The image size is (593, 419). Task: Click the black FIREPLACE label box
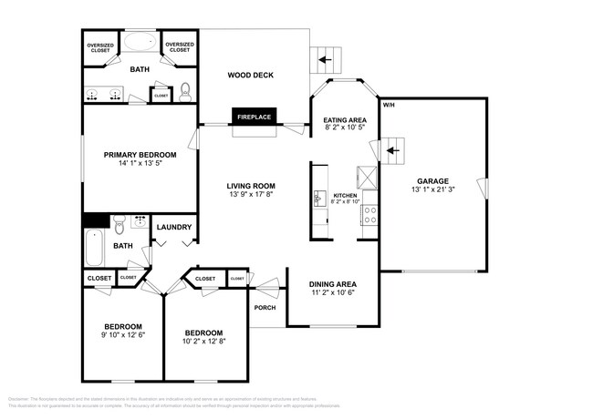click(x=255, y=117)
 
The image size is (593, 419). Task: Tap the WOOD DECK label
click(x=250, y=75)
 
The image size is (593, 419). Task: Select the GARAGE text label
click(x=433, y=180)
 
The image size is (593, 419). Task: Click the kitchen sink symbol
click(x=320, y=197)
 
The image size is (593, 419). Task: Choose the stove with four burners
click(x=370, y=215)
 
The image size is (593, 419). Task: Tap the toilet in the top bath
click(x=186, y=91)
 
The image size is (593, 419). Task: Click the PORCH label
click(x=265, y=307)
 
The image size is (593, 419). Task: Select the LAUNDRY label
click(x=174, y=228)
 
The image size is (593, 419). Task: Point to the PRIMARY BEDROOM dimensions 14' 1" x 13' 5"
click(x=140, y=165)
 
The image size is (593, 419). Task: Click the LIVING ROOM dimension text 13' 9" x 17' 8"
click(x=250, y=194)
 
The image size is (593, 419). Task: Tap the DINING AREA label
click(x=332, y=283)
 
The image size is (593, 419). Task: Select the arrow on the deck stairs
click(x=324, y=61)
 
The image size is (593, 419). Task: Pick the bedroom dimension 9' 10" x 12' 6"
click(x=122, y=335)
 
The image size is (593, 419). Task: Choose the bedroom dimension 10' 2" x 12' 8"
click(x=204, y=342)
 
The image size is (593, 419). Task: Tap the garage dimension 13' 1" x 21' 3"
click(x=433, y=189)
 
